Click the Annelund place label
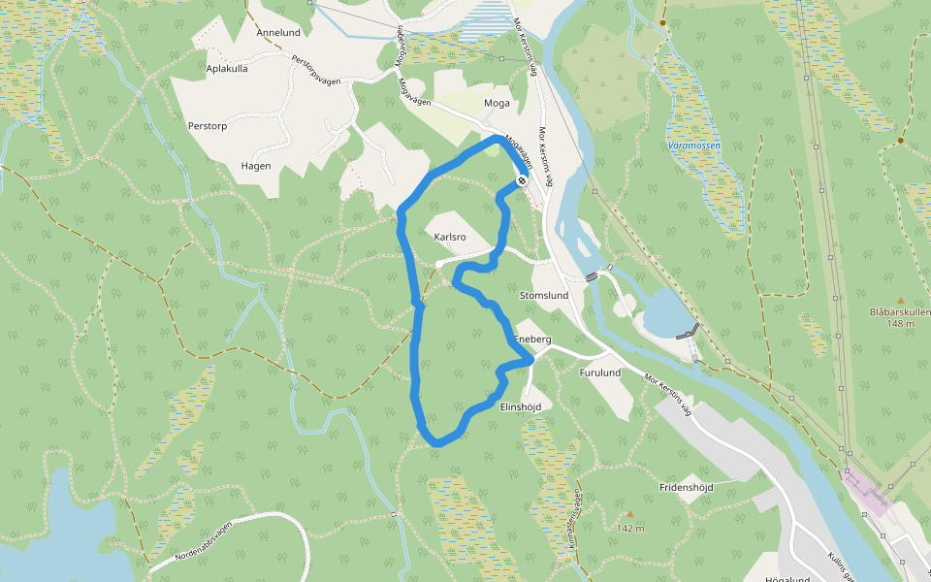tap(277, 32)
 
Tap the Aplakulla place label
tap(228, 69)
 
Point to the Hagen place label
tap(256, 166)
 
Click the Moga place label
tap(497, 103)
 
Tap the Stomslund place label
tap(543, 295)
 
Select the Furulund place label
tap(599, 372)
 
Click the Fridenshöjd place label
tap(686, 487)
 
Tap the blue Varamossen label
tap(691, 145)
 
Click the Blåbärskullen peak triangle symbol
tap(900, 301)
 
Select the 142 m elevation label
tap(630, 529)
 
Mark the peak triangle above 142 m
tap(630, 515)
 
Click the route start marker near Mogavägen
tap(522, 180)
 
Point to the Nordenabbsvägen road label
tap(204, 543)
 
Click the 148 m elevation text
tap(900, 324)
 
